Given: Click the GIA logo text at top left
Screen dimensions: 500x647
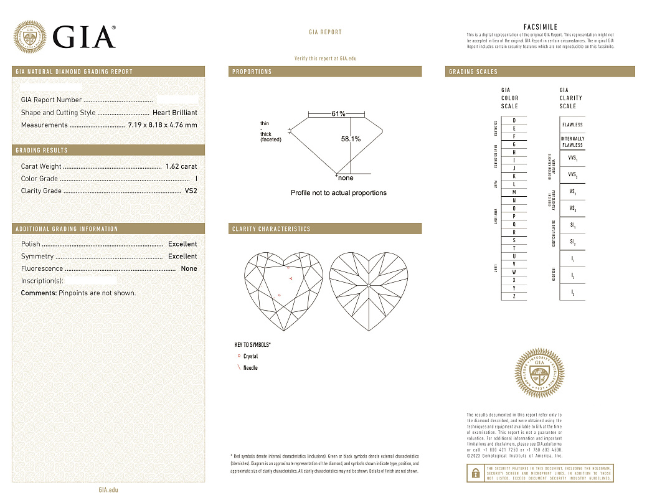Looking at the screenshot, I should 85,37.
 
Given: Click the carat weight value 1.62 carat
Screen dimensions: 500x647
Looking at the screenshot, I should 181,166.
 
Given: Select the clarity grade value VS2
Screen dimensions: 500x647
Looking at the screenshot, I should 191,191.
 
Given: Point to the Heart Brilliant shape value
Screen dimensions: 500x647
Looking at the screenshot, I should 175,113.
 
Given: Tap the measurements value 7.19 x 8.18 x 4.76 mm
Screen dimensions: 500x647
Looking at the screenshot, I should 162,125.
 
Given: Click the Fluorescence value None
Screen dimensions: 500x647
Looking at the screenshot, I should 189,268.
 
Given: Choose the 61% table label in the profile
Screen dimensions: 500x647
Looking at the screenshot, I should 338,114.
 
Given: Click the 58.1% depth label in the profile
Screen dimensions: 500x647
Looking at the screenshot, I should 351,139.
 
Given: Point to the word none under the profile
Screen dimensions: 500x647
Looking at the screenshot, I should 345,178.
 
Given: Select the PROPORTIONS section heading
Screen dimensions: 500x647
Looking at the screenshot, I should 252,72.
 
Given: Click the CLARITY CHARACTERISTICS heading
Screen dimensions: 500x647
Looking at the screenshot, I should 271,229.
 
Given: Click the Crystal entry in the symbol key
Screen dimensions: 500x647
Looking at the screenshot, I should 250,356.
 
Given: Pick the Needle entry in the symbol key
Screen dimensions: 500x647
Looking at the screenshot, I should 250,368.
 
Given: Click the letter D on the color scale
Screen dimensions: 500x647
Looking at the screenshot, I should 514,120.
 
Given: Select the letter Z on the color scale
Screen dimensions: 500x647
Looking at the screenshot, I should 514,296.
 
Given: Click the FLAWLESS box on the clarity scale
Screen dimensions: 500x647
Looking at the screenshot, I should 572,125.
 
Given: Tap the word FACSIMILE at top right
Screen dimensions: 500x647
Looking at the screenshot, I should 540,27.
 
